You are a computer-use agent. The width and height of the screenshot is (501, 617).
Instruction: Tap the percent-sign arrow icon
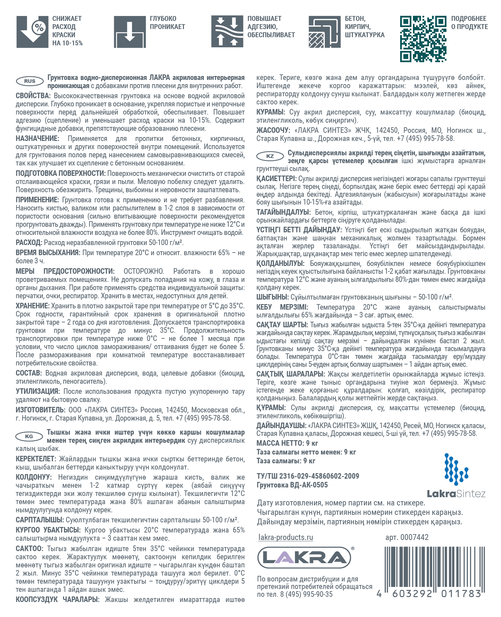(32, 32)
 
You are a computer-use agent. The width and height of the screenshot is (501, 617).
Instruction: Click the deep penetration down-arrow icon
(129, 32)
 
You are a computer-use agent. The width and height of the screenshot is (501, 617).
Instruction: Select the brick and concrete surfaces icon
(325, 32)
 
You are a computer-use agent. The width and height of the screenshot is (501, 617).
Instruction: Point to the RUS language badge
(30, 81)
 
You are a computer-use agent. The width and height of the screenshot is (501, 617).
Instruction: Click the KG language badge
(29, 436)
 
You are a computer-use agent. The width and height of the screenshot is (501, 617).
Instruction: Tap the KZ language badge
(270, 156)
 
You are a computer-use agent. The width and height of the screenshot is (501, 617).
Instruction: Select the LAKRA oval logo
(304, 558)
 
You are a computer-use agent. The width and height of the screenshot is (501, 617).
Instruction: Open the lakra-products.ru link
(285, 537)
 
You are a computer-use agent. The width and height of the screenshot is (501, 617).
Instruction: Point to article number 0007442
(407, 537)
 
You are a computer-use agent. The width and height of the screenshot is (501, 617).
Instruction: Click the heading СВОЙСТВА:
(33, 96)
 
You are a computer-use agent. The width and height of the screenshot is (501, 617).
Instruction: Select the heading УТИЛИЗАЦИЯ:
(38, 391)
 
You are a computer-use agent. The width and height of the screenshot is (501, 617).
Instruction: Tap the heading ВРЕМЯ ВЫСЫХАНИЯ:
(48, 253)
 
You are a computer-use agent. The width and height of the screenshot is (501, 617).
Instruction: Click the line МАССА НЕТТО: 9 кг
(287, 443)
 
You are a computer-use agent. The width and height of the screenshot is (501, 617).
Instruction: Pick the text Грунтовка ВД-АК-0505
(292, 485)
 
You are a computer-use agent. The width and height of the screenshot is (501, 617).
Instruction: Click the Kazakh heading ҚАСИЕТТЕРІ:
(276, 178)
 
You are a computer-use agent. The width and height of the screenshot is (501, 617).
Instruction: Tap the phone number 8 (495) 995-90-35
(306, 594)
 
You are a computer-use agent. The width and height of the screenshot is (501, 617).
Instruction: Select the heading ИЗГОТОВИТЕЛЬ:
(40, 410)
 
